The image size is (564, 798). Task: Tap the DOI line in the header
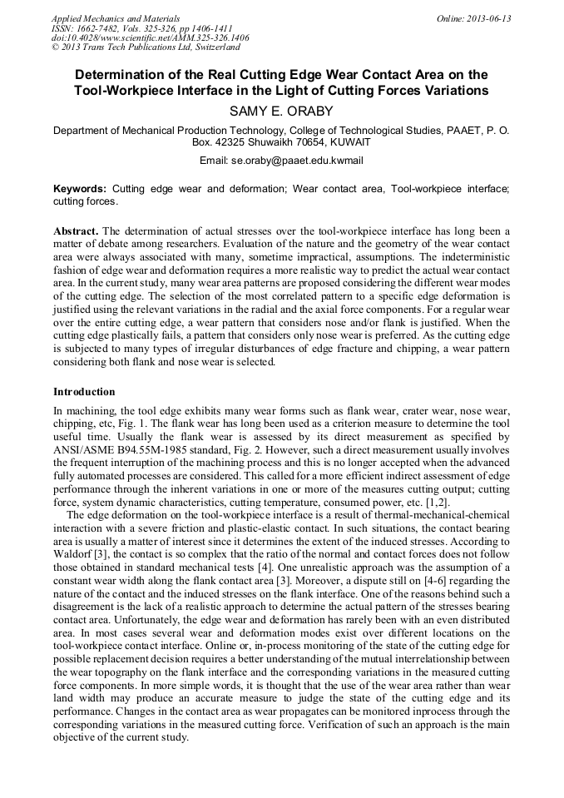tap(150, 38)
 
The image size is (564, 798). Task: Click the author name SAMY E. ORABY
tap(281, 111)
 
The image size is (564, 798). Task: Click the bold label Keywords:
tap(80, 189)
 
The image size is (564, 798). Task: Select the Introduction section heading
tap(84, 391)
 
